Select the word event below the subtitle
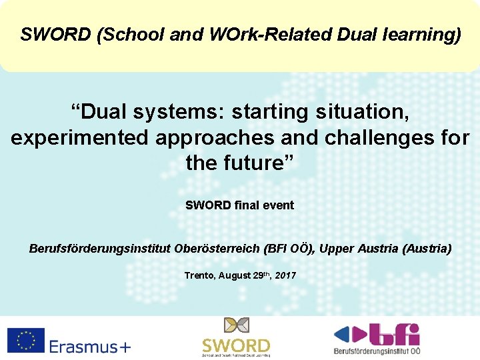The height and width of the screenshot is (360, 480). point(278,205)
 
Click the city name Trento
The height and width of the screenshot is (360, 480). point(199,275)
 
